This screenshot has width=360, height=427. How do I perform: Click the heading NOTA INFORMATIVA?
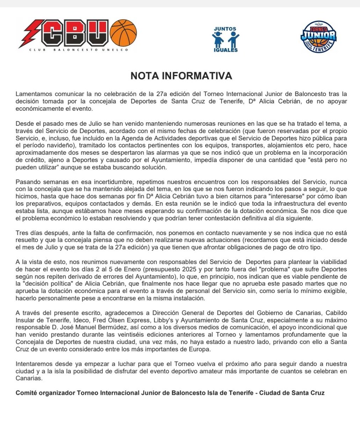pyautogui.click(x=181, y=76)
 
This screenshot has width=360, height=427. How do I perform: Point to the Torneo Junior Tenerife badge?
pyautogui.click(x=318, y=37)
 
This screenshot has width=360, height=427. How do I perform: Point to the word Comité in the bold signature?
pyautogui.click(x=28, y=393)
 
